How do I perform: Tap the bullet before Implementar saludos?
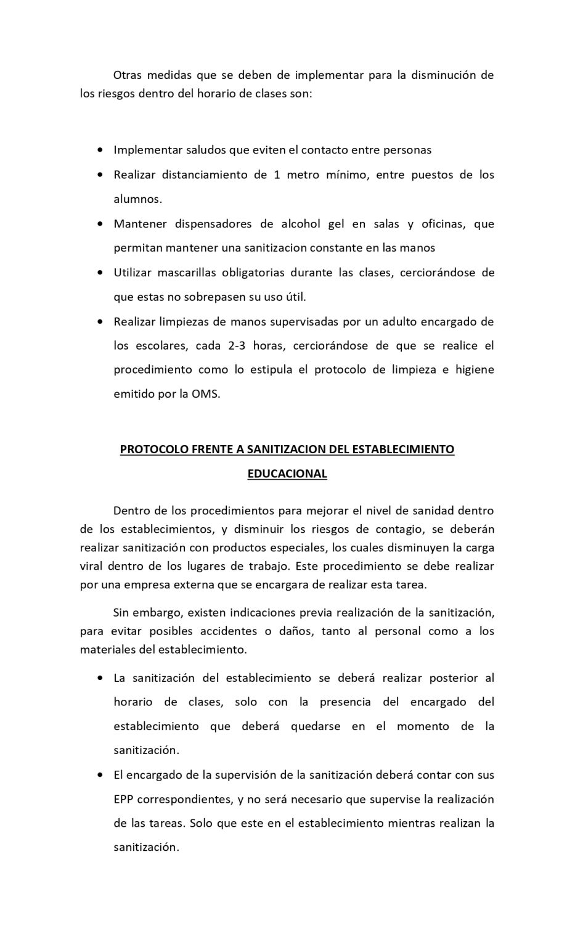(x=100, y=150)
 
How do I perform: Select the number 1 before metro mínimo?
(x=277, y=174)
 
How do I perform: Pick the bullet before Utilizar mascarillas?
(x=100, y=272)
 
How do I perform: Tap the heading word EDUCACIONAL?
(x=287, y=473)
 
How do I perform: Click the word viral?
(x=91, y=565)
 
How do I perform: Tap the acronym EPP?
(x=123, y=798)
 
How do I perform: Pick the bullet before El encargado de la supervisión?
(x=100, y=774)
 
